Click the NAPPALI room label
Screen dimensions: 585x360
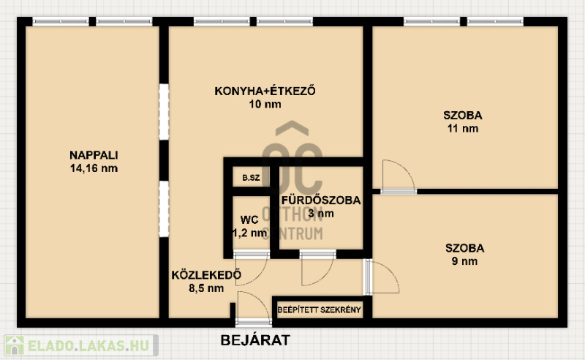pyautogui.click(x=94, y=155)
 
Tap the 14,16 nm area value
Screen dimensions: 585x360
pyautogui.click(x=94, y=168)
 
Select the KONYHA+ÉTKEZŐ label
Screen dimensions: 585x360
pyautogui.click(x=265, y=91)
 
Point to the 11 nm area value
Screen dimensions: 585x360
pyautogui.click(x=463, y=129)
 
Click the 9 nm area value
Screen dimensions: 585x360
pyautogui.click(x=464, y=261)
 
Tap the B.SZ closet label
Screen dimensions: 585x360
pyautogui.click(x=251, y=178)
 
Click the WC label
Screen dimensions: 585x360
pyautogui.click(x=249, y=220)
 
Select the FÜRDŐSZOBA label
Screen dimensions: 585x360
pyautogui.click(x=321, y=200)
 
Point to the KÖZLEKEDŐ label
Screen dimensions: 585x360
pyautogui.click(x=206, y=275)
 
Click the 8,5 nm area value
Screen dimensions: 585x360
pyautogui.click(x=206, y=288)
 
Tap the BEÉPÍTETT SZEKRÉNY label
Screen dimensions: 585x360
pyautogui.click(x=319, y=310)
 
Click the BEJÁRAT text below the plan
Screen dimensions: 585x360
pyautogui.click(x=255, y=340)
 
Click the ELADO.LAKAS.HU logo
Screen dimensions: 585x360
pyautogui.click(x=81, y=345)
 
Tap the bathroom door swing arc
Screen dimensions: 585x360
pyautogui.click(x=325, y=277)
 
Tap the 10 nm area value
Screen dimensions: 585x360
pyautogui.click(x=265, y=104)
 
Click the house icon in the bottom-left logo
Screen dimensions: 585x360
pyautogui.click(x=14, y=345)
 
